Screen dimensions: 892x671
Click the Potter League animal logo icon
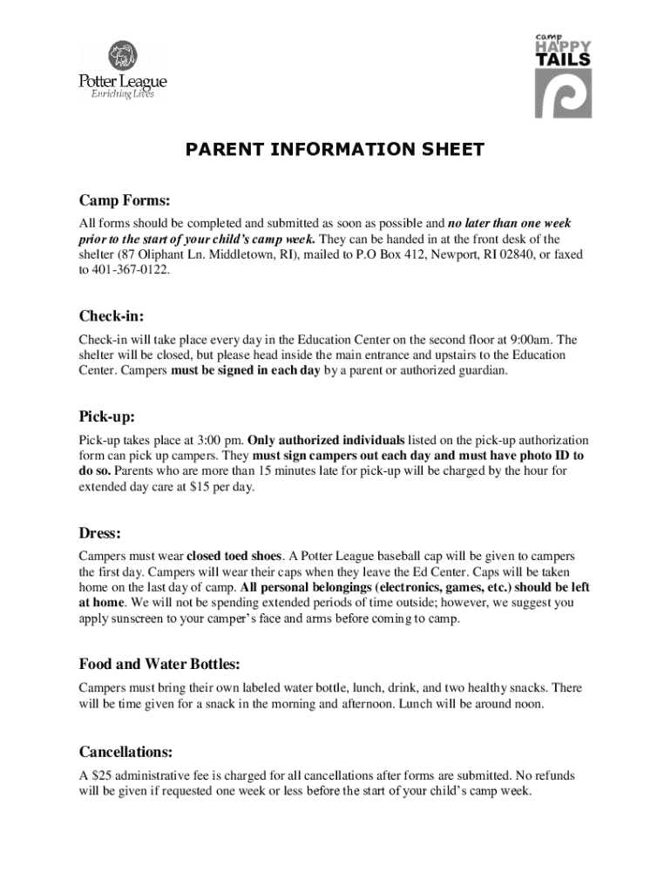pos(122,57)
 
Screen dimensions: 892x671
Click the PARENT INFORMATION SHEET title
pos(335,150)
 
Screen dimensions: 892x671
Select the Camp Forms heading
pos(125,199)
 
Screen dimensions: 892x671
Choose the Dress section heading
pos(99,531)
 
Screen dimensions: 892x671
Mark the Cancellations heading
pos(125,751)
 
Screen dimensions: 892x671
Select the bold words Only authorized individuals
pos(327,440)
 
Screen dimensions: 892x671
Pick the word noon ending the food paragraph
pos(551,704)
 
